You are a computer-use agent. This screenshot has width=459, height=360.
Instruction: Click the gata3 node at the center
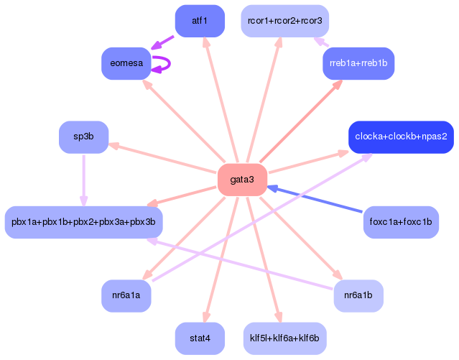tap(242, 180)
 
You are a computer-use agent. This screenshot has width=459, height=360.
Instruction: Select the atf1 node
tap(200, 21)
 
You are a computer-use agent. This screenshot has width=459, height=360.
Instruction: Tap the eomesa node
tap(126, 63)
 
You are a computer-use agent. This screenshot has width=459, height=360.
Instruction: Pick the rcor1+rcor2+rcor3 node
tap(285, 21)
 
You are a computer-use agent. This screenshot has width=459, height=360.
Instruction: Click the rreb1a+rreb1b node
tap(358, 63)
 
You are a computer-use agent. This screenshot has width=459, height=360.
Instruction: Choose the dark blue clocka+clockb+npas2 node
tap(401, 137)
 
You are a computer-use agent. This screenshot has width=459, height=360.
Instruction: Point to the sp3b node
tap(84, 137)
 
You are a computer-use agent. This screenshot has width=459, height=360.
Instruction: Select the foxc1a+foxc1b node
tap(401, 222)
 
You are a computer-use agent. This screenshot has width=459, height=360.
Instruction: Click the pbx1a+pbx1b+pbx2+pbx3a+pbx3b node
tap(84, 222)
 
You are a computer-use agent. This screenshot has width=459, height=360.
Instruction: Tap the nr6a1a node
tap(126, 295)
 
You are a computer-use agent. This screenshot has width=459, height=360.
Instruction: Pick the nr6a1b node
tap(358, 295)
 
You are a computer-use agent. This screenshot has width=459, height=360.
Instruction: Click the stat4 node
tap(200, 338)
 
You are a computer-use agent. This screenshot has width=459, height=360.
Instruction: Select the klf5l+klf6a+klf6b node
tap(285, 338)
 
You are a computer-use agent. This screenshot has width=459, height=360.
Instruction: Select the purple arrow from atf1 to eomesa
tap(162, 43)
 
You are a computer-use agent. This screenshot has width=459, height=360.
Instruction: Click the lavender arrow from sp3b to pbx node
tap(84, 180)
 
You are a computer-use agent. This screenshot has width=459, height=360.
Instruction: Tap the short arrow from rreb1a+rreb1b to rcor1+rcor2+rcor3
tap(321, 42)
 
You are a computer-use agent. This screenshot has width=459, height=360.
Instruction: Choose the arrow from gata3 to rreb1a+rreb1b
tap(301, 121)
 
